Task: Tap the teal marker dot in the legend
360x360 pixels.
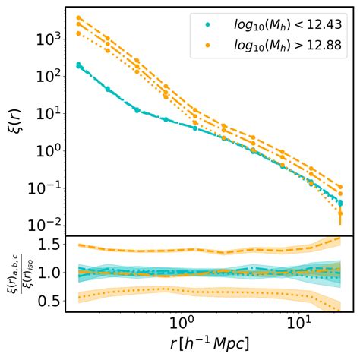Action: click(207, 26)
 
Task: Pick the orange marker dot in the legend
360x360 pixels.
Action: click(207, 46)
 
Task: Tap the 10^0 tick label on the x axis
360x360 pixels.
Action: click(182, 325)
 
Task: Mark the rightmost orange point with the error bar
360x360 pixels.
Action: click(340, 214)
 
